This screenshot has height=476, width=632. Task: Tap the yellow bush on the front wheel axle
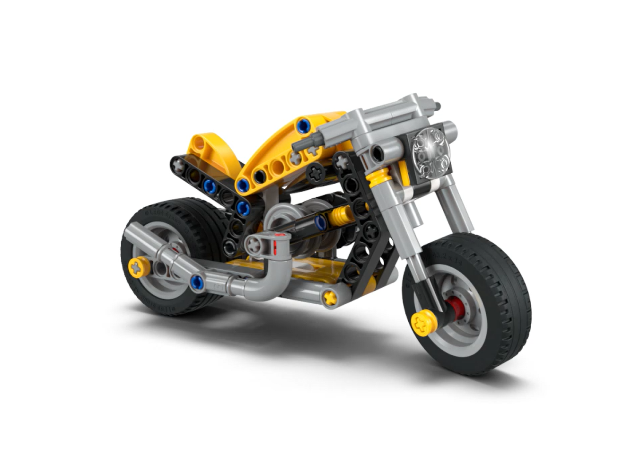(x=423, y=323)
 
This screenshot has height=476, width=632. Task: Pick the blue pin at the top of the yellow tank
(x=303, y=125)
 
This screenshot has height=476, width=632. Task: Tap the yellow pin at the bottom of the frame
(x=329, y=297)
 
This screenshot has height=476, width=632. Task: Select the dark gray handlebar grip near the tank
(x=306, y=141)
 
